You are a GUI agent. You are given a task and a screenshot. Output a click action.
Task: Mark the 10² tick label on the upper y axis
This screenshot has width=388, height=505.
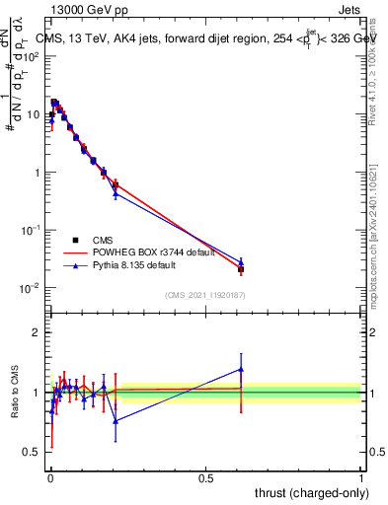tap(32, 56)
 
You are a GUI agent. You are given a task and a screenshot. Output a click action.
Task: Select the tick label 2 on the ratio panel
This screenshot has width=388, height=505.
tap(36, 332)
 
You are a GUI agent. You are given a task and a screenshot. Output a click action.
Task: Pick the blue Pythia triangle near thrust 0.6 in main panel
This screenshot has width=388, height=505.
tap(241, 261)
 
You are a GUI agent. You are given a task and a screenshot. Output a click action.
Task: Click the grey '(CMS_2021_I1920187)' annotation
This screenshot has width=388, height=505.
tap(204, 294)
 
